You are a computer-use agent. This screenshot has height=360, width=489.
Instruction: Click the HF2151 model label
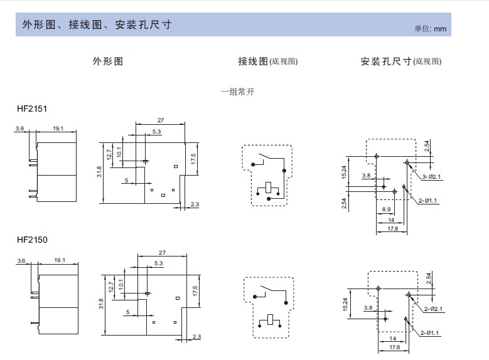click(32, 109)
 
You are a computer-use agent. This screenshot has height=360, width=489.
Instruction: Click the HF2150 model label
click(32, 240)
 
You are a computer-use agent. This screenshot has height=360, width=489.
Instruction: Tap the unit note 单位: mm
click(431, 29)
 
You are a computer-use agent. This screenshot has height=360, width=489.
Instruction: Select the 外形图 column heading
click(107, 61)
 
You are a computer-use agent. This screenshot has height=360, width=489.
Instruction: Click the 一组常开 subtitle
click(238, 92)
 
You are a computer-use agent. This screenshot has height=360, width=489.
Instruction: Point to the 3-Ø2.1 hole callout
click(432, 177)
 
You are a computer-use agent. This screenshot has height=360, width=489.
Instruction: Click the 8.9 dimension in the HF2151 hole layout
click(387, 209)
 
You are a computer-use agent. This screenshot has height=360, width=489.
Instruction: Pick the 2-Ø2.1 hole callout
click(434, 309)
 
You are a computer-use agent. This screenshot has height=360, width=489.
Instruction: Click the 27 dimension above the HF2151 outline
click(161, 120)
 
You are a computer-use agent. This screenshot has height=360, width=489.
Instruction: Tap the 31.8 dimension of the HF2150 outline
click(101, 304)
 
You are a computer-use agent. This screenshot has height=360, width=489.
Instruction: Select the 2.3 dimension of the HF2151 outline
click(195, 204)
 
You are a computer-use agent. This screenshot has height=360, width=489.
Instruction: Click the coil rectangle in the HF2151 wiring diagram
click(268, 188)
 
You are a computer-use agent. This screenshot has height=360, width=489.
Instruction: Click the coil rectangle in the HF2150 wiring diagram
click(270, 319)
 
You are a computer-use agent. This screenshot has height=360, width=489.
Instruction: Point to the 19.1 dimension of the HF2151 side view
click(58, 128)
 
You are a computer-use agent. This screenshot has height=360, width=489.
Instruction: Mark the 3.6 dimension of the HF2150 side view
click(21, 260)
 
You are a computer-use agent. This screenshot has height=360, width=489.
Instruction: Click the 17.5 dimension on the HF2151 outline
click(193, 159)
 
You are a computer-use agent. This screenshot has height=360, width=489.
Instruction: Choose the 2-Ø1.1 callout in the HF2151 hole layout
click(428, 201)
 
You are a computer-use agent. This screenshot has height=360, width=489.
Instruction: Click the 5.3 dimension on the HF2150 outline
click(158, 263)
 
